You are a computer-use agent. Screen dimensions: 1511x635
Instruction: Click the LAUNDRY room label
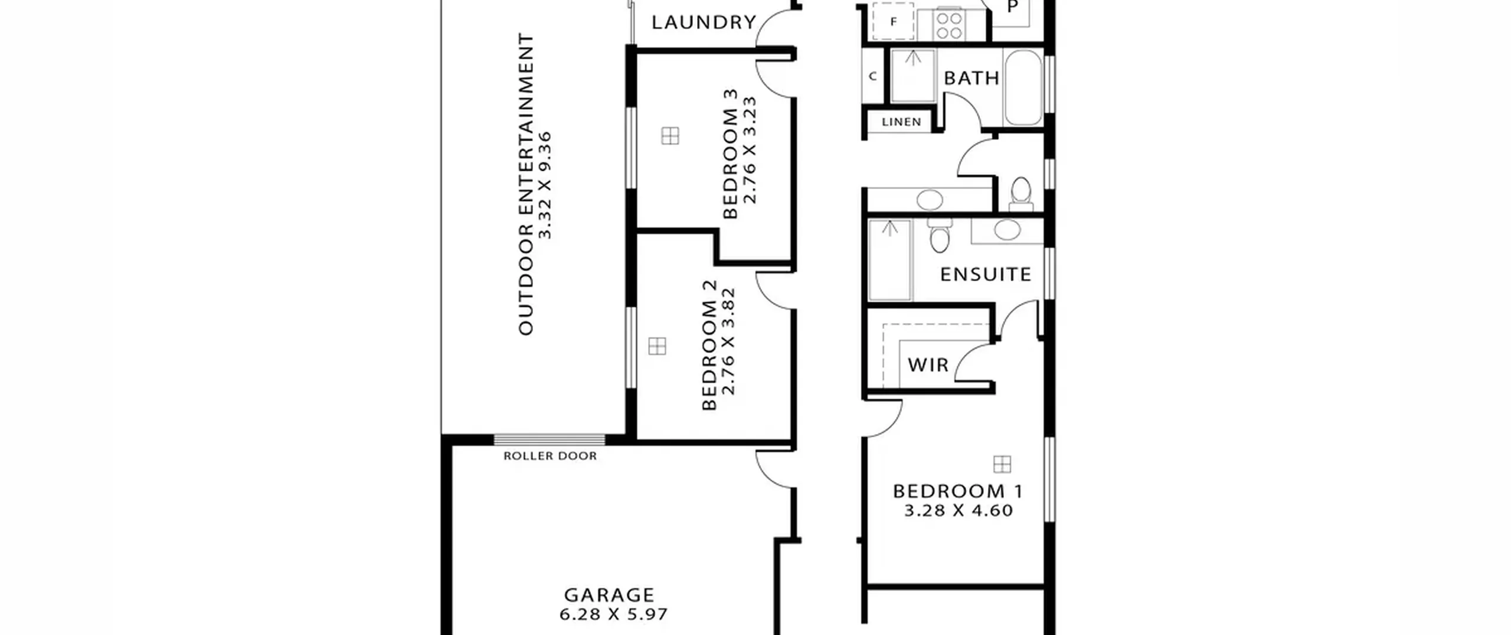pyautogui.click(x=704, y=22)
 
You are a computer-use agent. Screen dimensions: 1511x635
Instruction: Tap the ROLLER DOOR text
pyautogui.click(x=550, y=456)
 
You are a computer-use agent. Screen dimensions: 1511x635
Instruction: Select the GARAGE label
pyautogui.click(x=609, y=595)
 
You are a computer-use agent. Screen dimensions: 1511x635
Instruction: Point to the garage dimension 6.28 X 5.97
pyautogui.click(x=614, y=615)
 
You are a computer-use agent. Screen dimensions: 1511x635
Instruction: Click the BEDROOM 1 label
pyautogui.click(x=957, y=491)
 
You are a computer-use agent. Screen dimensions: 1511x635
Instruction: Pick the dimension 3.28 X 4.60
pyautogui.click(x=959, y=511)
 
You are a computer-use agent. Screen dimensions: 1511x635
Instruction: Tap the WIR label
pyautogui.click(x=928, y=365)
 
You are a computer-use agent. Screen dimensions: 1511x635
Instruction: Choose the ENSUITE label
pyautogui.click(x=986, y=275)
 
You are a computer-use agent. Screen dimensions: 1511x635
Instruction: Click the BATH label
pyautogui.click(x=972, y=78)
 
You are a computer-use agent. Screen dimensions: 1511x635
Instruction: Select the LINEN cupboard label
pyautogui.click(x=901, y=122)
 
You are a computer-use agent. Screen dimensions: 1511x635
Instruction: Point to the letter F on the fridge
pyautogui.click(x=894, y=22)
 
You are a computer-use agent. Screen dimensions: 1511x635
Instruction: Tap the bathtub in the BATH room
pyautogui.click(x=1023, y=87)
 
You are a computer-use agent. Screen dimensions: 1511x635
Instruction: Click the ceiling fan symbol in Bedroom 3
pyautogui.click(x=670, y=136)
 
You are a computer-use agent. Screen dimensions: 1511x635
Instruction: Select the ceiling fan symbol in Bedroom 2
pyautogui.click(x=657, y=346)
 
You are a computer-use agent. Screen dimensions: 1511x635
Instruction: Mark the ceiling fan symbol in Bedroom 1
pyautogui.click(x=1002, y=464)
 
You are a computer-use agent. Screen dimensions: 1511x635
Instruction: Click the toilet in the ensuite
pyautogui.click(x=939, y=234)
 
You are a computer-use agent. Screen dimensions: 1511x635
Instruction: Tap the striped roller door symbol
pyautogui.click(x=550, y=439)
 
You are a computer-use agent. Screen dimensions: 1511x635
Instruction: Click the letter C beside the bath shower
pyautogui.click(x=872, y=77)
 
